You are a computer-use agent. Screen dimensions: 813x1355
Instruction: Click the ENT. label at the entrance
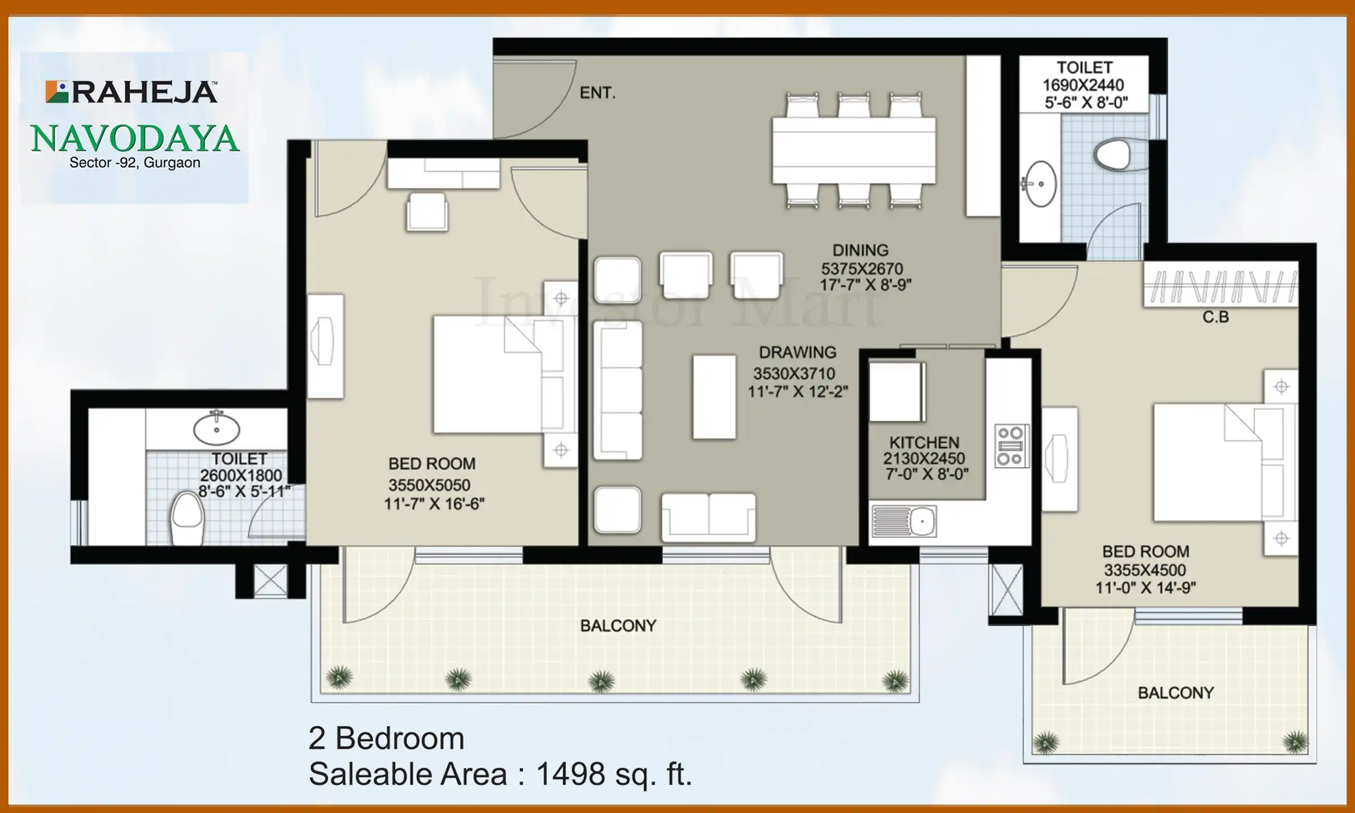(x=597, y=93)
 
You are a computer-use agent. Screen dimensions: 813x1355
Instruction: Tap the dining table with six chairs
(x=854, y=150)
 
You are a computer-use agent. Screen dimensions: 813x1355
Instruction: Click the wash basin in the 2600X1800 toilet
(x=216, y=429)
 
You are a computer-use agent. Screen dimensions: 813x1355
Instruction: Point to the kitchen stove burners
(x=1011, y=446)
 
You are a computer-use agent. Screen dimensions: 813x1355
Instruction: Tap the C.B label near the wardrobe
(x=1216, y=317)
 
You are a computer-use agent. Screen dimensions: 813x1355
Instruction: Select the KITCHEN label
(x=924, y=443)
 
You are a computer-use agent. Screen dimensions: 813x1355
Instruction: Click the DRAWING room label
(x=797, y=353)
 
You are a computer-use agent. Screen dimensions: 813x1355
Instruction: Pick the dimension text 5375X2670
(x=862, y=269)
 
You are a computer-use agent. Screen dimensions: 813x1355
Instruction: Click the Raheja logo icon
(x=56, y=92)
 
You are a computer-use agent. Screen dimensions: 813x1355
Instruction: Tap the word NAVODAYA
(x=135, y=139)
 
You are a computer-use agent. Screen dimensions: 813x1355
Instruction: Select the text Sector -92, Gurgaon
(x=135, y=163)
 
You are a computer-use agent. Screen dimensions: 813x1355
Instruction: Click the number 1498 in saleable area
(x=570, y=774)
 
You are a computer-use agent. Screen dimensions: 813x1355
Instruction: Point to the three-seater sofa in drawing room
(x=618, y=391)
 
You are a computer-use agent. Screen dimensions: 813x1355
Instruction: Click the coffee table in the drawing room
(x=714, y=397)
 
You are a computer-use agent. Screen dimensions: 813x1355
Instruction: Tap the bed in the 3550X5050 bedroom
(x=497, y=375)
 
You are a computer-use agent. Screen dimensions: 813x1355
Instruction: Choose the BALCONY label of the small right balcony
(x=1175, y=693)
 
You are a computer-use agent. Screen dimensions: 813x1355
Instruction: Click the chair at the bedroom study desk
(x=427, y=212)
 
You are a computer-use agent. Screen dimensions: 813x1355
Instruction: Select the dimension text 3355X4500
(x=1145, y=570)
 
